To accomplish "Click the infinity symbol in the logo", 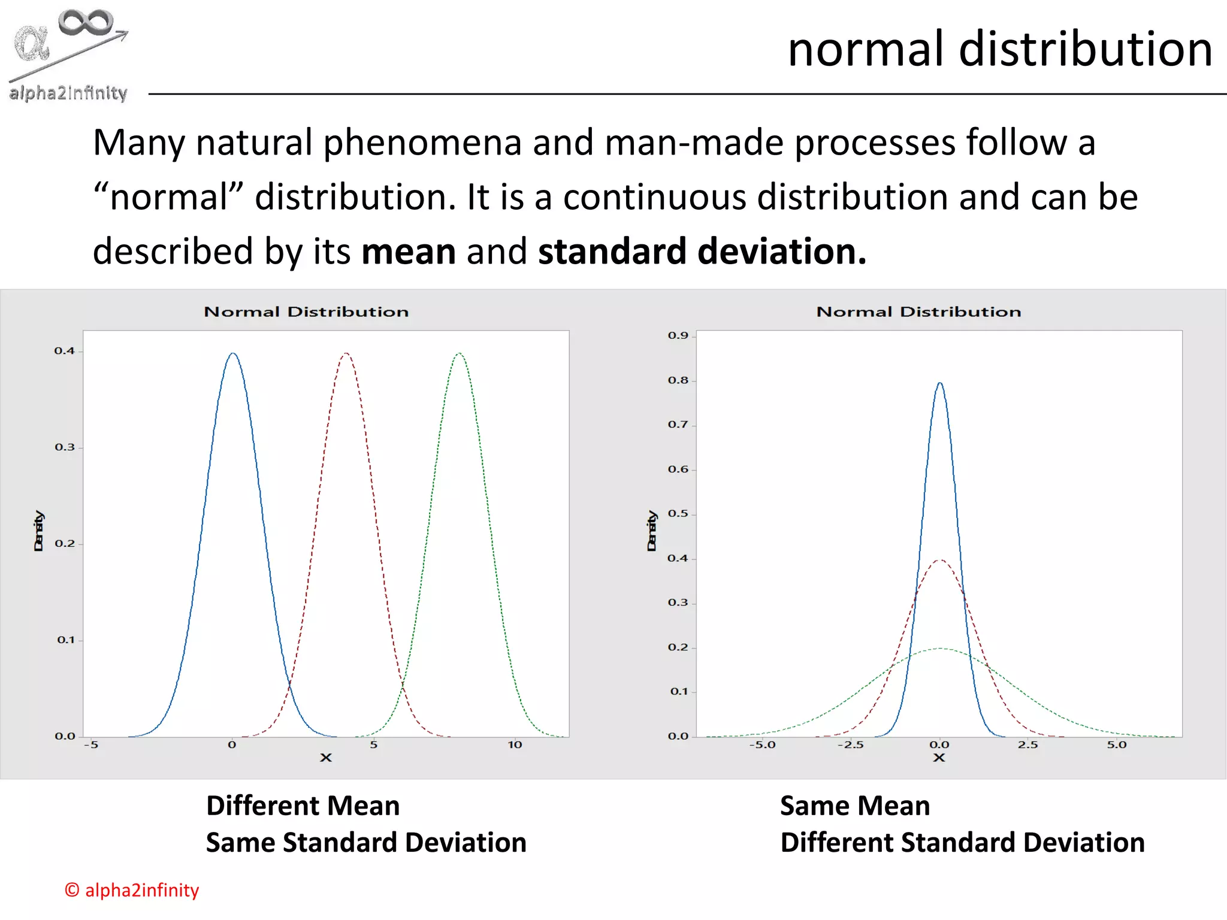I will (x=86, y=22).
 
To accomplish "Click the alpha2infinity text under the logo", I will (x=68, y=93).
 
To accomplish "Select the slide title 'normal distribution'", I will (x=1000, y=49).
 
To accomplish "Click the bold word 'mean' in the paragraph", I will (x=409, y=251).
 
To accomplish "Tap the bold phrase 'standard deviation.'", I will (x=702, y=251).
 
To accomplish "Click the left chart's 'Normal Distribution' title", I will (x=306, y=312).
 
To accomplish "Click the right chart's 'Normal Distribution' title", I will (x=918, y=312).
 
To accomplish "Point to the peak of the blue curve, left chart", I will (x=233, y=354).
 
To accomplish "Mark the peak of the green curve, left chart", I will (x=459, y=354).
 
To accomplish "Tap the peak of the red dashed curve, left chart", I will (x=346, y=354).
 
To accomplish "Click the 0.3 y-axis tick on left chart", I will (x=65, y=447).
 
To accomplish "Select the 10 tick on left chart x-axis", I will (x=515, y=745).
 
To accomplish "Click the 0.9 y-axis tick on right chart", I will (x=678, y=335).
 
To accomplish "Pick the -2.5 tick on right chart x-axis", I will (x=850, y=745).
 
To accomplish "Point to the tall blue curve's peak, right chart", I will (x=939, y=383).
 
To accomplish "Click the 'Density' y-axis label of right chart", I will (x=652, y=531).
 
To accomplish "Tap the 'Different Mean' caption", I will (x=303, y=806).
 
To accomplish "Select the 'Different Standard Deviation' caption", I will (x=962, y=843).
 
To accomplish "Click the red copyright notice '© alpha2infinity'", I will (x=132, y=890).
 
